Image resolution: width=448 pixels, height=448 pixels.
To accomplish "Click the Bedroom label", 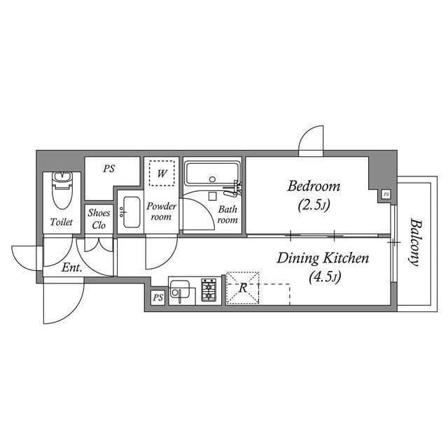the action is click(x=314, y=186).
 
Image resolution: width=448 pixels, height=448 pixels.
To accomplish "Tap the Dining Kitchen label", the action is click(x=323, y=258).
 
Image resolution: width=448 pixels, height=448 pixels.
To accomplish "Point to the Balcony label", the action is click(x=415, y=242).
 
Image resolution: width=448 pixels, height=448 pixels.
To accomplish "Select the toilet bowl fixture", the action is click(x=62, y=190).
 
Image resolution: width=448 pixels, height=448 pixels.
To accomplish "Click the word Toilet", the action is click(x=62, y=222).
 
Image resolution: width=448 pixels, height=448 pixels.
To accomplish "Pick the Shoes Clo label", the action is click(x=99, y=219).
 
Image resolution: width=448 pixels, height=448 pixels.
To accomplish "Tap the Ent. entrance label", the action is click(x=72, y=268).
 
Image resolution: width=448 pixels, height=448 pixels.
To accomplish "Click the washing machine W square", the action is click(x=162, y=173).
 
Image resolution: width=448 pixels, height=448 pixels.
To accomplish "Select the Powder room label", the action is click(x=162, y=211).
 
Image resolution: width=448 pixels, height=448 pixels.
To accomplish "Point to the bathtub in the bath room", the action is click(x=212, y=174).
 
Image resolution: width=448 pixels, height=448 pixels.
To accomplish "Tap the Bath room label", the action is click(x=227, y=215).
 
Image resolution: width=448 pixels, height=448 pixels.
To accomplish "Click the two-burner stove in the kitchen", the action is click(x=209, y=290).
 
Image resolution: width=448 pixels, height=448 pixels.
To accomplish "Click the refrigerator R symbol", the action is click(x=243, y=288).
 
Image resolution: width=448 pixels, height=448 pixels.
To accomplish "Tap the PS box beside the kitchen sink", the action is click(x=157, y=297).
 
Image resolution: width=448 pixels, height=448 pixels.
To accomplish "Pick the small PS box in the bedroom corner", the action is click(x=386, y=195).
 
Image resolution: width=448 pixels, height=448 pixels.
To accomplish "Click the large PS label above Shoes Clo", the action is click(x=109, y=169).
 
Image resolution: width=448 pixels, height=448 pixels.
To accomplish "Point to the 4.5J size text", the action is click(x=325, y=277).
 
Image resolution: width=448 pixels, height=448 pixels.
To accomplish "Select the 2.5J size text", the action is click(x=314, y=205).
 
